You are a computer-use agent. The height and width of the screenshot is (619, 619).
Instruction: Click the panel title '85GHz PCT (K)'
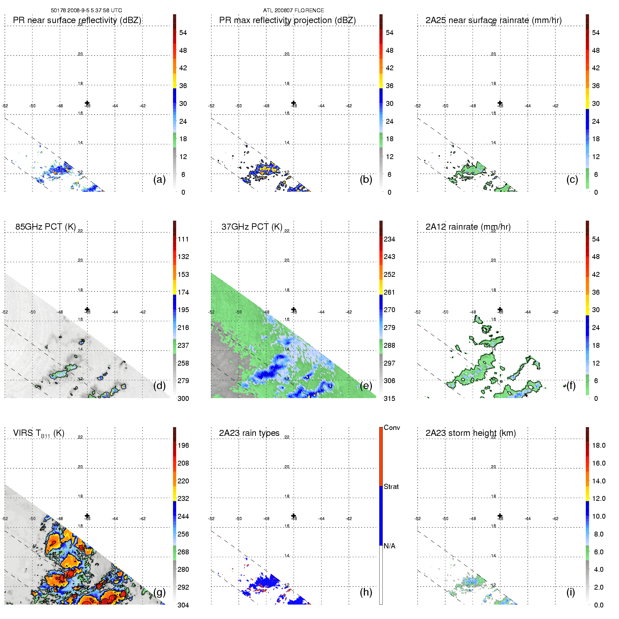[x=45, y=227]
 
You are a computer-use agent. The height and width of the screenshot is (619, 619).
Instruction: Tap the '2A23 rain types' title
[x=249, y=433]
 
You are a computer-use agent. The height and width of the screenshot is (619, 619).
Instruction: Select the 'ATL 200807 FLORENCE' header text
[x=293, y=10]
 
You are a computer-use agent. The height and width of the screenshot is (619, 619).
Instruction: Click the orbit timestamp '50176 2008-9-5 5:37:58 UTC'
[x=86, y=10]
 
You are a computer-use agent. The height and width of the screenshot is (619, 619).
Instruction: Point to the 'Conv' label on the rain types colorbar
[x=391, y=428]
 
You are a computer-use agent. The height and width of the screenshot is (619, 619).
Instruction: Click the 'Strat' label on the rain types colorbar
[x=391, y=487]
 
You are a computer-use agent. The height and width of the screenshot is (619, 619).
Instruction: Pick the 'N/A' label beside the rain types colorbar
[x=389, y=546]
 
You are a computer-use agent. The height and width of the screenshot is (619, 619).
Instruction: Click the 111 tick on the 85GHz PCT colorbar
[x=183, y=239]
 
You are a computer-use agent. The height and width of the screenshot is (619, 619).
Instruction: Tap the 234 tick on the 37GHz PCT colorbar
[x=389, y=239]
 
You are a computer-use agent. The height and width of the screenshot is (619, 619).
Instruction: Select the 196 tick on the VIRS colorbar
[x=183, y=446]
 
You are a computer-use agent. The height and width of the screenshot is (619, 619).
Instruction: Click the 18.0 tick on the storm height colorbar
[x=598, y=446]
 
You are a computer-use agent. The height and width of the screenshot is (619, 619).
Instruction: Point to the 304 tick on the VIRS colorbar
[x=183, y=605]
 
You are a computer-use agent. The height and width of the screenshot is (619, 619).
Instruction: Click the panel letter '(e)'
[x=366, y=386]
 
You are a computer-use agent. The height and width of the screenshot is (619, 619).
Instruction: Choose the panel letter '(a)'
[x=159, y=179]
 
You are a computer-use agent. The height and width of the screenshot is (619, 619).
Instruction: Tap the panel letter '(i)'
[x=570, y=592]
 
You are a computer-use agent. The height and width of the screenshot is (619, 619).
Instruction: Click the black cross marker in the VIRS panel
[x=87, y=516]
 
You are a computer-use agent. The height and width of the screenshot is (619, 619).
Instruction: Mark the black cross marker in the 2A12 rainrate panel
[x=500, y=310]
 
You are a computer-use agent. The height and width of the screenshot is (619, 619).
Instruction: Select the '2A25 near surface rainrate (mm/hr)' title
[x=493, y=20]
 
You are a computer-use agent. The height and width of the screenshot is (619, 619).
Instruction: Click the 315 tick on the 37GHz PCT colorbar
[x=389, y=399]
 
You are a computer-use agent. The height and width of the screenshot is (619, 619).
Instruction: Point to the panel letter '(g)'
[x=159, y=592]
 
